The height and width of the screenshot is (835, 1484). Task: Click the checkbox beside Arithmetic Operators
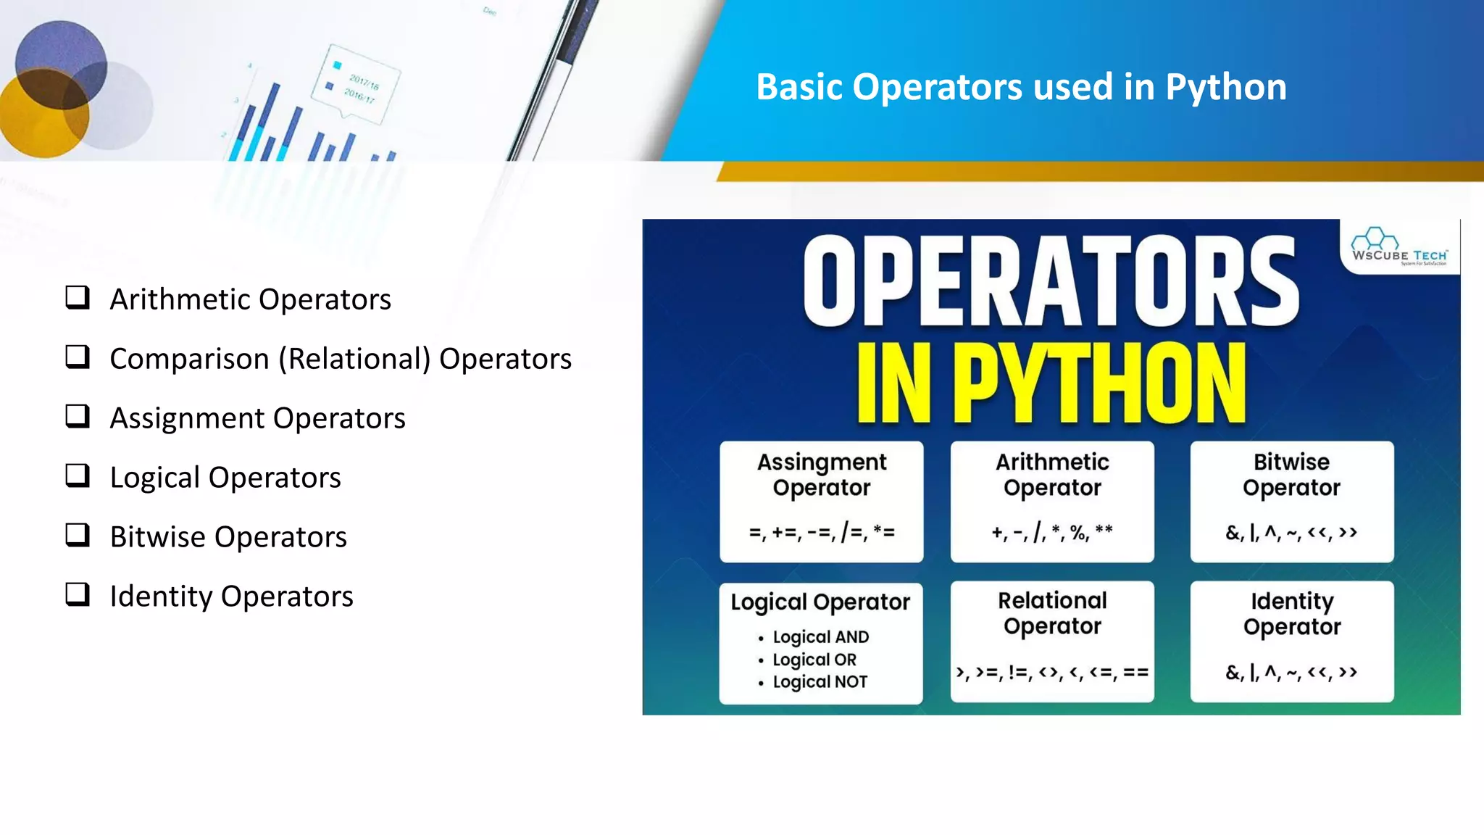(x=78, y=297)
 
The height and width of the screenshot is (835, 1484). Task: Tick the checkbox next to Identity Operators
(x=78, y=594)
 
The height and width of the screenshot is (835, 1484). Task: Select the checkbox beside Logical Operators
(x=78, y=475)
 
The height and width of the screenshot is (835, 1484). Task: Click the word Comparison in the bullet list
(x=189, y=359)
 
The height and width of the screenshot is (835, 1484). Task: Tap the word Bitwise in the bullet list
(x=157, y=537)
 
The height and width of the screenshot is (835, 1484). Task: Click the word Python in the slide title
(x=1225, y=87)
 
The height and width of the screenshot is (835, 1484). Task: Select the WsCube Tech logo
(x=1399, y=246)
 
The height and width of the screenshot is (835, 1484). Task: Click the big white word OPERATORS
(x=1050, y=283)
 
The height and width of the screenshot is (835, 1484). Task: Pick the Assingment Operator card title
(x=822, y=475)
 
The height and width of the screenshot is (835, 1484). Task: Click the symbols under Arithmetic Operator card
(x=1052, y=533)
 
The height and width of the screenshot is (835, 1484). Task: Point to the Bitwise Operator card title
(x=1291, y=475)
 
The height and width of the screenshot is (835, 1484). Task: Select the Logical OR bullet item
(x=814, y=660)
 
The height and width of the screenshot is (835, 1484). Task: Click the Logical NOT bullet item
(x=820, y=682)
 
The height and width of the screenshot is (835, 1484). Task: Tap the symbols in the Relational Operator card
(x=1052, y=673)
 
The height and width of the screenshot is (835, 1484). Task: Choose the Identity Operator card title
(x=1292, y=613)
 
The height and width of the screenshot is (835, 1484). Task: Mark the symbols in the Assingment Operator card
(x=822, y=533)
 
